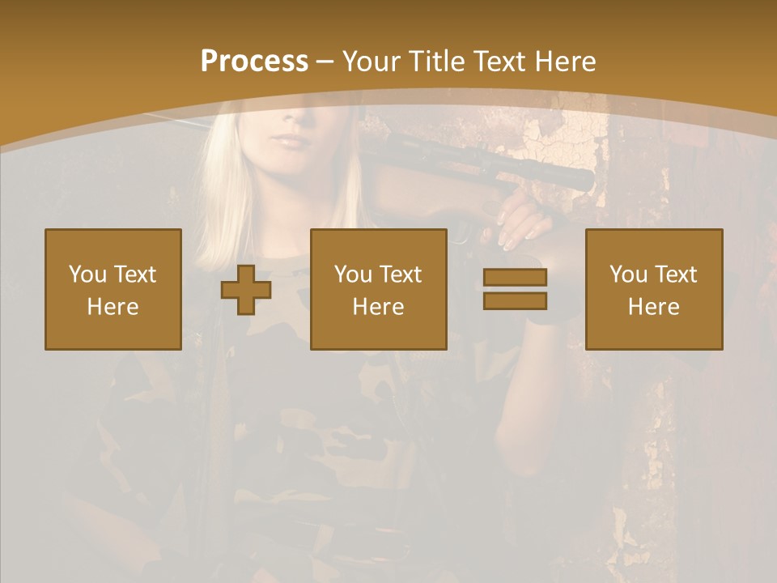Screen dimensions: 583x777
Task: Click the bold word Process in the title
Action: tap(254, 61)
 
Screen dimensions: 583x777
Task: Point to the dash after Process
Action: tap(324, 62)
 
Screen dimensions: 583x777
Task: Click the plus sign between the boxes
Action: tap(246, 290)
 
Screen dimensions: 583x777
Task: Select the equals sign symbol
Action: tap(515, 289)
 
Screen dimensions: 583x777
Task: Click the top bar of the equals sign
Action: tap(515, 278)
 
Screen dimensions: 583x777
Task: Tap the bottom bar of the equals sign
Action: tap(515, 300)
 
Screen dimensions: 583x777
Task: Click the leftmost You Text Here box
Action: tap(113, 289)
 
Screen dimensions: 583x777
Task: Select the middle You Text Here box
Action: tap(378, 289)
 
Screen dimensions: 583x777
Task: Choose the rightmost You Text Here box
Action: tap(653, 289)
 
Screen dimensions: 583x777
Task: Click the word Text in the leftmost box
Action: tap(134, 274)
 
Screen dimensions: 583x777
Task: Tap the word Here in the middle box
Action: tap(378, 307)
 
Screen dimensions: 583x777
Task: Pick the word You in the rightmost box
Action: tap(628, 274)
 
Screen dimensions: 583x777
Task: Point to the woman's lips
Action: tap(290, 141)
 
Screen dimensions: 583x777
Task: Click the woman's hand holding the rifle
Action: tap(518, 223)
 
